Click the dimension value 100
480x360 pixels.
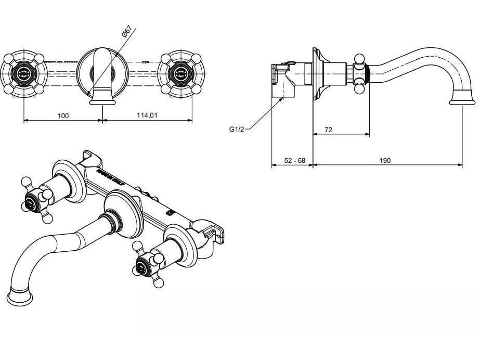[x=63, y=115]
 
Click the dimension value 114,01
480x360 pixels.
[x=147, y=115]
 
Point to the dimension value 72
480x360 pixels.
[x=328, y=130]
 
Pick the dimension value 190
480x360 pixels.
[x=384, y=161]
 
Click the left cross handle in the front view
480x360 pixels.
[x=24, y=73]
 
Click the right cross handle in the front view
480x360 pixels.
[x=180, y=73]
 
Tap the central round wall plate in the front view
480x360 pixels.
[x=101, y=73]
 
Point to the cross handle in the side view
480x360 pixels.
[x=359, y=73]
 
